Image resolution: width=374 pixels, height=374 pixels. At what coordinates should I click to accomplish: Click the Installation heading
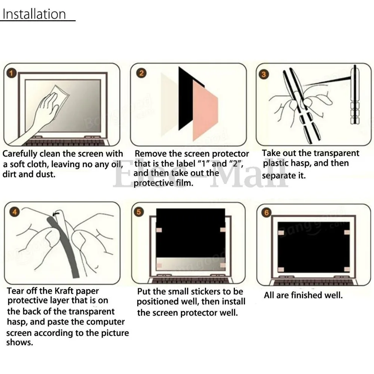pyautogui.click(x=34, y=14)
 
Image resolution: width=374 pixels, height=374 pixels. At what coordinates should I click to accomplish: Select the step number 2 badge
pyautogui.click(x=141, y=73)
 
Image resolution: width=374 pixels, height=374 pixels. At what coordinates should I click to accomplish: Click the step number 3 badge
pyautogui.click(x=264, y=75)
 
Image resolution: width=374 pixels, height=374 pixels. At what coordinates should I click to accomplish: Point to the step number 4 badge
pyautogui.click(x=15, y=212)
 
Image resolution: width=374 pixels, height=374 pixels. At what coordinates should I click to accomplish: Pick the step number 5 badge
pyautogui.click(x=139, y=212)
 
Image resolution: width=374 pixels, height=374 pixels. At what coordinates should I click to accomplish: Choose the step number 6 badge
pyautogui.click(x=266, y=212)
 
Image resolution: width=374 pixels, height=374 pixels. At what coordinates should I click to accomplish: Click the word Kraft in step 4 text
pyautogui.click(x=64, y=291)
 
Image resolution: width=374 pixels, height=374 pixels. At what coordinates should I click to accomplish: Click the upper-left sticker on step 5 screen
pyautogui.click(x=159, y=230)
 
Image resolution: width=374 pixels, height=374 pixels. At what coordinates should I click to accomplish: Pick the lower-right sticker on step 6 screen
pyautogui.click(x=347, y=269)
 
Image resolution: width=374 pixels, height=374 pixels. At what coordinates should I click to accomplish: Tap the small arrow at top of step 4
pyautogui.click(x=56, y=214)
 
